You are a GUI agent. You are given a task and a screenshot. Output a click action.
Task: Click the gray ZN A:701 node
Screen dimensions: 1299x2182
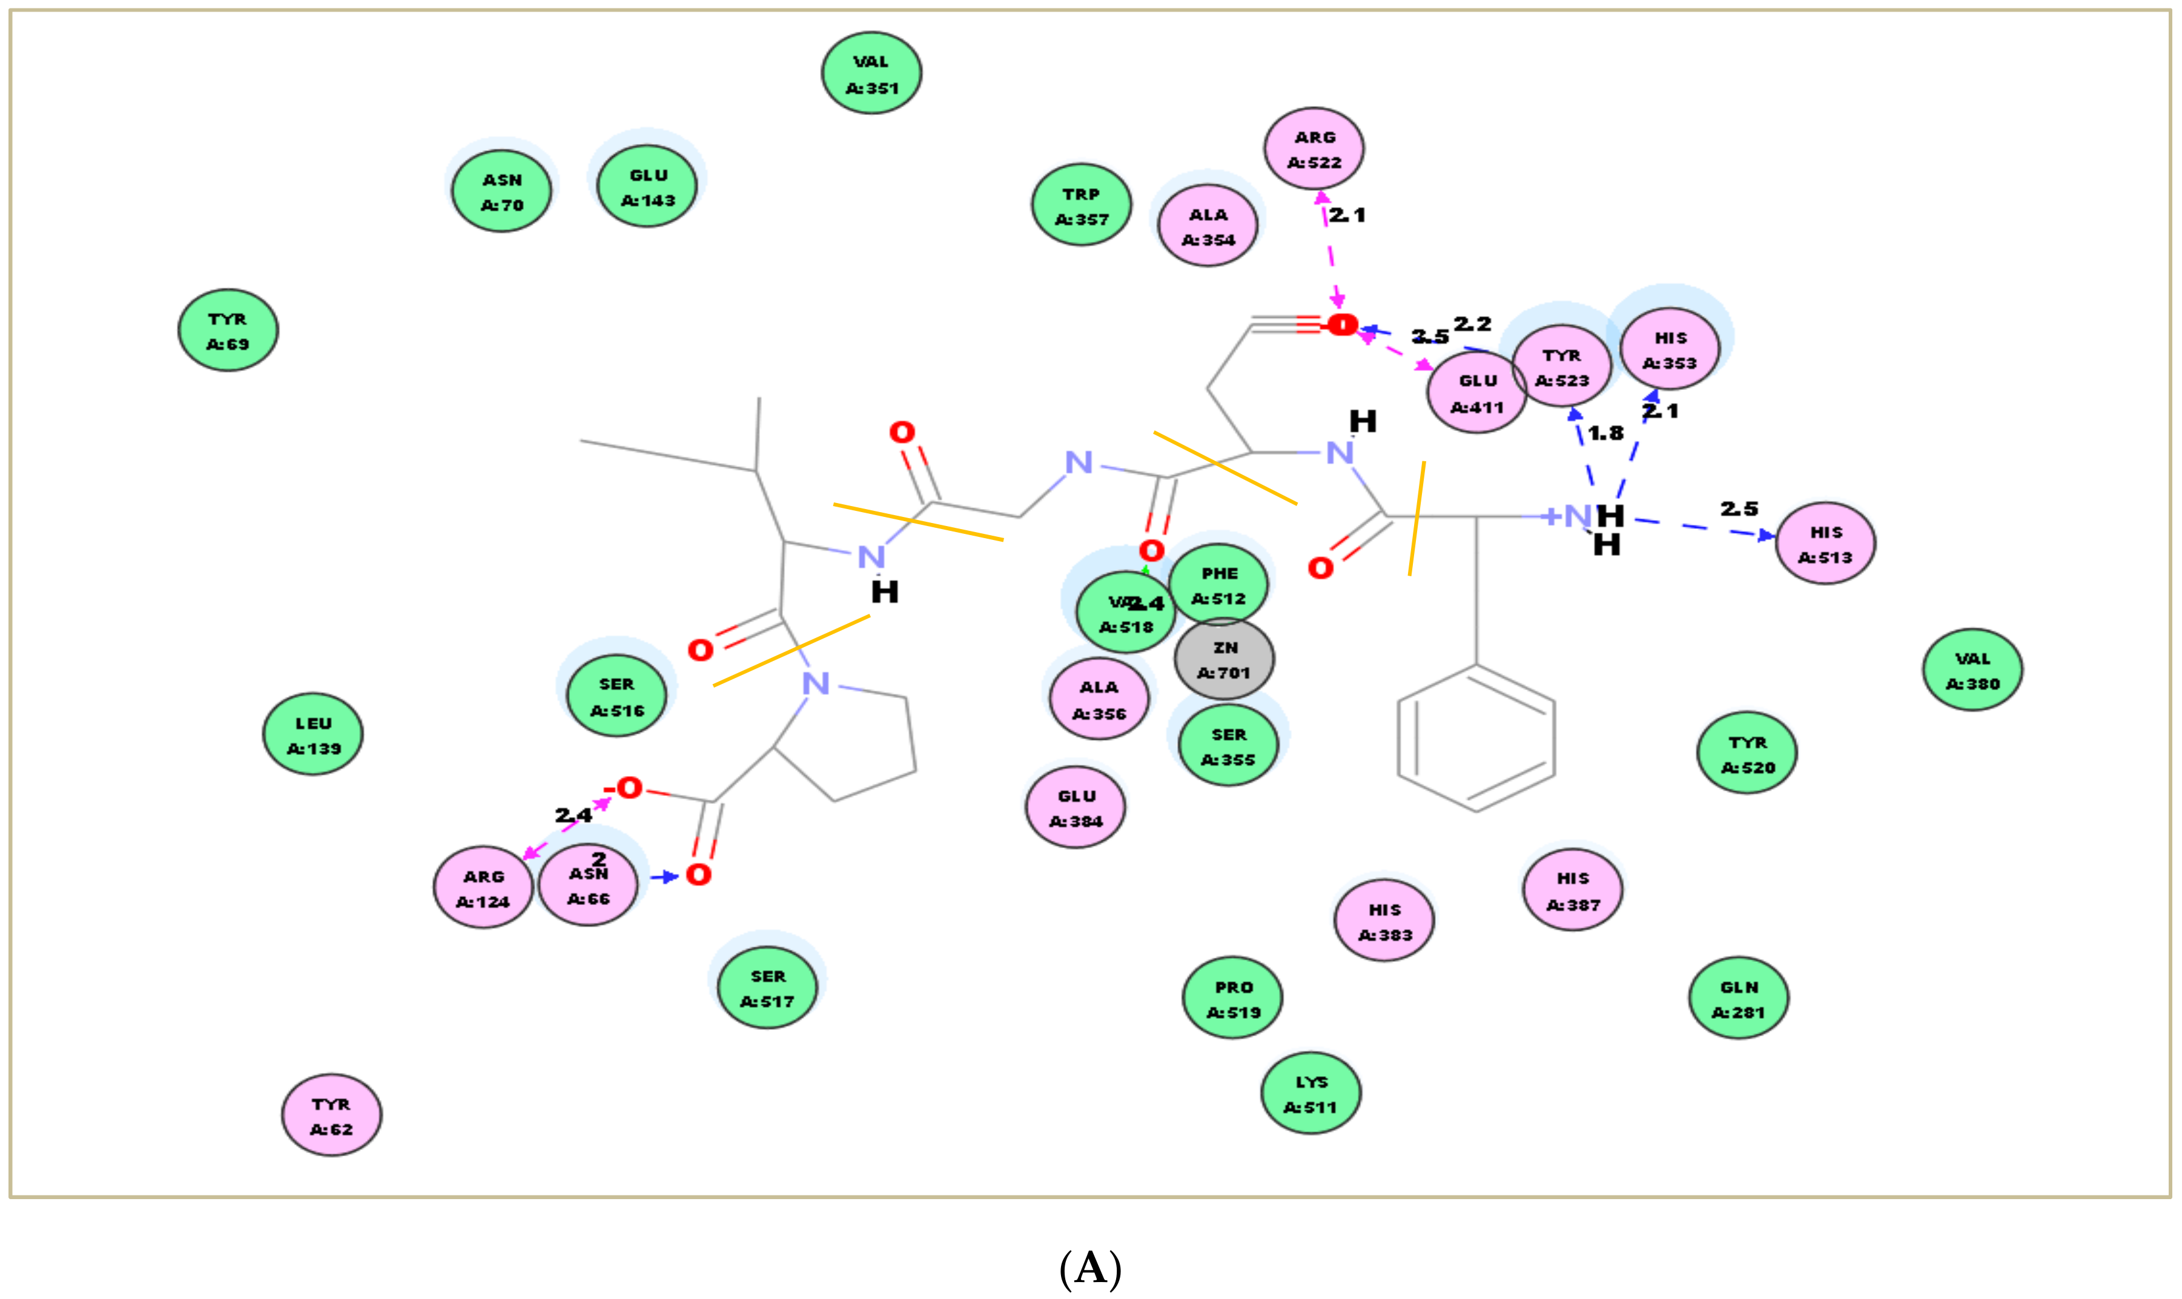pos(1223,659)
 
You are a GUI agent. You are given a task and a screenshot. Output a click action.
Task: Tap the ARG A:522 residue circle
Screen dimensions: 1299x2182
pos(1314,149)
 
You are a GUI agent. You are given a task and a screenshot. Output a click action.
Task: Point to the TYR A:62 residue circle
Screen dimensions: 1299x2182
pos(331,1115)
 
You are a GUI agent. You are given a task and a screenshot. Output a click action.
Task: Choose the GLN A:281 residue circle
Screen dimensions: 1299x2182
pos(1738,998)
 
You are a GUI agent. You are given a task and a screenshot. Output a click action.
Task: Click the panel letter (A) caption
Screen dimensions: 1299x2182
pos(1090,1268)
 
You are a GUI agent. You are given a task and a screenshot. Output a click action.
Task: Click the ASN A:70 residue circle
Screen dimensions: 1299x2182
pos(501,192)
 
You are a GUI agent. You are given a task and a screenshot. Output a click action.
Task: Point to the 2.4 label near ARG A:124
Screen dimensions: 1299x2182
pos(573,815)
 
